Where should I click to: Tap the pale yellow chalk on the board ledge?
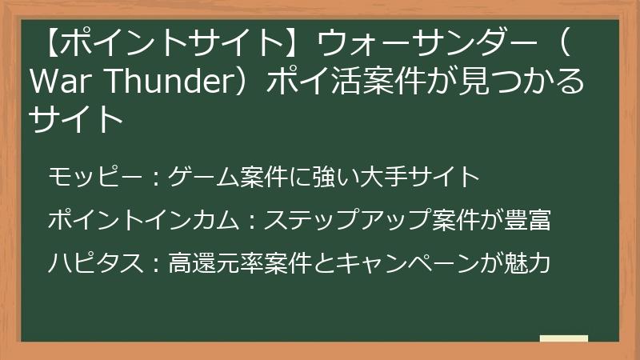563,338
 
